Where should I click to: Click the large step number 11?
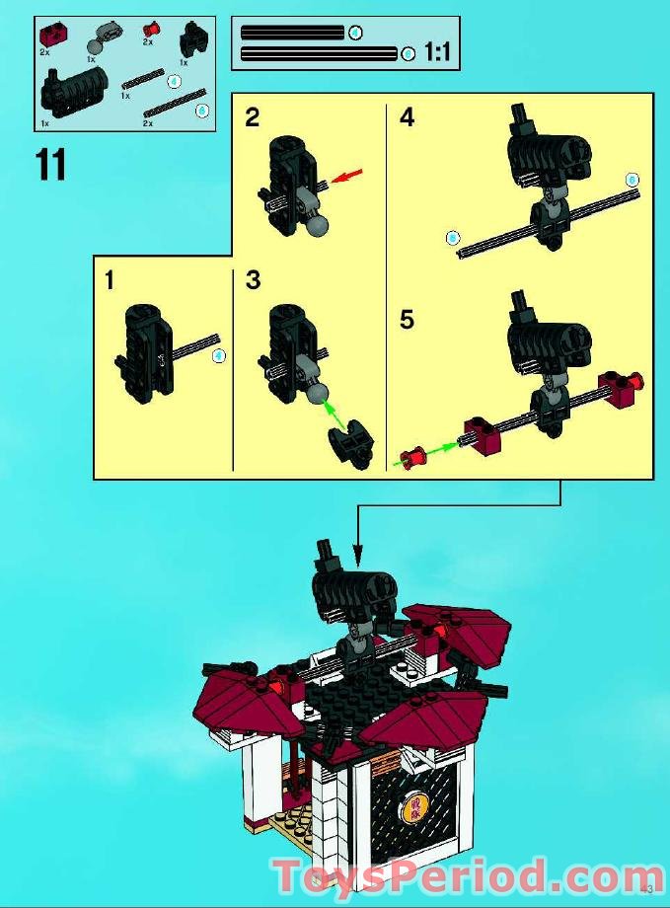coord(50,164)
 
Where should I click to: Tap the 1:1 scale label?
coord(436,52)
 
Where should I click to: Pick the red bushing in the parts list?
coord(150,30)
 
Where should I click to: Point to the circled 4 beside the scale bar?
coord(356,33)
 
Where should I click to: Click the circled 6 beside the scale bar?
coord(409,53)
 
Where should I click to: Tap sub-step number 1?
coord(109,281)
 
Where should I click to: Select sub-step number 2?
coord(253,118)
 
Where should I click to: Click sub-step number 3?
coord(253,281)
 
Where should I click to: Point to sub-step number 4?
coord(407,118)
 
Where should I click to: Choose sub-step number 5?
coord(407,322)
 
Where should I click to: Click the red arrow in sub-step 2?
coord(347,176)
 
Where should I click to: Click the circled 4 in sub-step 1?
coord(219,355)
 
